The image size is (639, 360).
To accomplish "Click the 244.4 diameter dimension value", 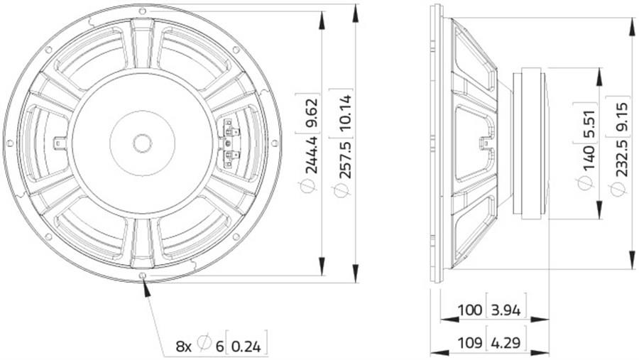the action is point(312,156).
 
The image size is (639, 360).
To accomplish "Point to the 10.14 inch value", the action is point(345,112).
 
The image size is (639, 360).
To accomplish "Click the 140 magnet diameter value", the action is point(588,158).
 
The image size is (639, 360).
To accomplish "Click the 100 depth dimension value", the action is point(470,311).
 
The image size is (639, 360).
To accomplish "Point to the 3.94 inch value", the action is point(506,311).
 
